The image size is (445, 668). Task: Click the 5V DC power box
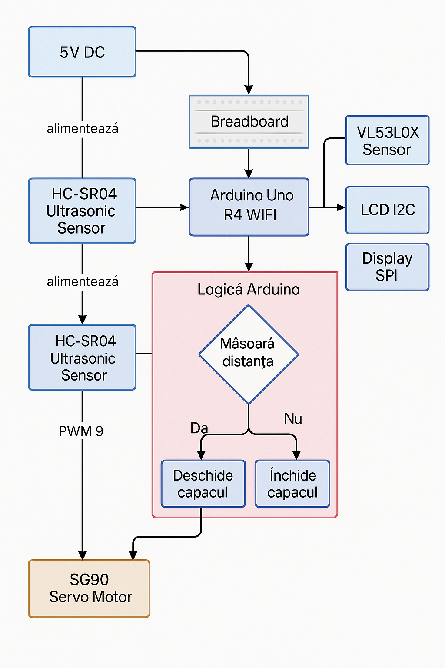click(x=82, y=52)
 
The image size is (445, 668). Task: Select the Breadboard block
click(x=249, y=122)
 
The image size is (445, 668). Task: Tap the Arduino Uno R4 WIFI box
click(x=249, y=207)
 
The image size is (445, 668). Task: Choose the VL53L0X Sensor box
click(x=387, y=140)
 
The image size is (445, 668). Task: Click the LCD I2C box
click(x=387, y=210)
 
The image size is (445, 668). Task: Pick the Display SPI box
click(x=387, y=267)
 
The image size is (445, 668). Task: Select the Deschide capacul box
click(x=203, y=484)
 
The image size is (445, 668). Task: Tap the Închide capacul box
click(x=292, y=484)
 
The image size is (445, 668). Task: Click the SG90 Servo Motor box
click(x=89, y=588)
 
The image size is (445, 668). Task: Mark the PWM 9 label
click(x=81, y=431)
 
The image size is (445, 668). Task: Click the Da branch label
click(x=199, y=428)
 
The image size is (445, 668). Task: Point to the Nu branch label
click(x=293, y=419)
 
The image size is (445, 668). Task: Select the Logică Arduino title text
click(x=248, y=289)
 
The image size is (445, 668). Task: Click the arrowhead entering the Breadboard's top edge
click(x=249, y=90)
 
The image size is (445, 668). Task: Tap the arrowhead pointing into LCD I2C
click(x=341, y=207)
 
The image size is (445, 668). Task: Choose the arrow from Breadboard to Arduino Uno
click(x=249, y=163)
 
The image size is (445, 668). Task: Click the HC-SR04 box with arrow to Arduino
click(x=82, y=211)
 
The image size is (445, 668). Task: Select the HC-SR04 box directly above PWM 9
click(x=82, y=357)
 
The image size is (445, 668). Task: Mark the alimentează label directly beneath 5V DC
click(x=82, y=129)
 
